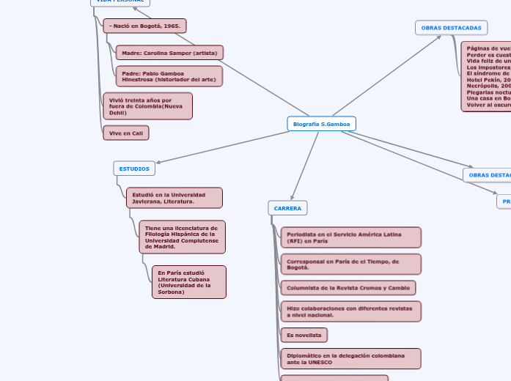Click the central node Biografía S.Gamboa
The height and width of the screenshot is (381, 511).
(x=321, y=124)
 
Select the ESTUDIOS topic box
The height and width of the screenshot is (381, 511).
(x=134, y=169)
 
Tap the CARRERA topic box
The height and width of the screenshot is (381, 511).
(x=287, y=208)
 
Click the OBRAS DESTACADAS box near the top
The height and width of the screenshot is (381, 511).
(x=451, y=28)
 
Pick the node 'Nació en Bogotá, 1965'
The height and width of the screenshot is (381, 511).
(x=144, y=26)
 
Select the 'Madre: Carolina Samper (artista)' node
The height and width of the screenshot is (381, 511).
(x=169, y=53)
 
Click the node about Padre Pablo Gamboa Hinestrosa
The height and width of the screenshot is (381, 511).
(x=169, y=76)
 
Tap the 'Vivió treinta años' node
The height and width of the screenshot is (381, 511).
(x=147, y=106)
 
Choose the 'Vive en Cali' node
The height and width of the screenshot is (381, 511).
(x=126, y=133)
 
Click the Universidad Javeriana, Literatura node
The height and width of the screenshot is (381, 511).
(x=174, y=198)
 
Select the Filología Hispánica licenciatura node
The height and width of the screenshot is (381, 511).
(x=182, y=237)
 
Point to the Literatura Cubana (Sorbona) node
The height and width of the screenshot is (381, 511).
(x=188, y=282)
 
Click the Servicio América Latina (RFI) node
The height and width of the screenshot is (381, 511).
(x=350, y=237)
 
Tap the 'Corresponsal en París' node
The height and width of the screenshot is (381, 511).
(x=350, y=264)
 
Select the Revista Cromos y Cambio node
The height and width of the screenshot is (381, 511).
(x=348, y=288)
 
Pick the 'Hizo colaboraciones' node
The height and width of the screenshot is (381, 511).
(x=350, y=311)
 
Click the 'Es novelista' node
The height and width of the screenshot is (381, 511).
(x=304, y=335)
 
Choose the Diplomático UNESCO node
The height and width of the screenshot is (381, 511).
(x=350, y=358)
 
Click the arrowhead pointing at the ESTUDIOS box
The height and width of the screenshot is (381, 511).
(x=159, y=162)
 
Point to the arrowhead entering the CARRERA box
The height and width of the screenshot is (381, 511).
(x=293, y=197)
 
